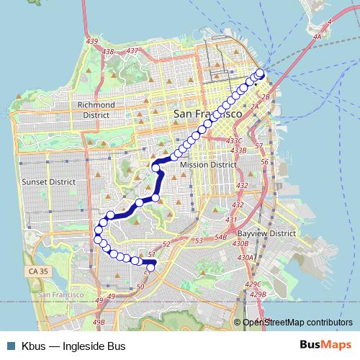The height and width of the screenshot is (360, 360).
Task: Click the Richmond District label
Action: [x=96, y=109]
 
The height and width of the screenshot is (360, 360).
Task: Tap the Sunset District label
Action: [x=48, y=182]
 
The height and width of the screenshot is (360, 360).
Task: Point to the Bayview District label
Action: [x=267, y=234]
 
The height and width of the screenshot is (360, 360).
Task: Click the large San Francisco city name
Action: [x=207, y=114]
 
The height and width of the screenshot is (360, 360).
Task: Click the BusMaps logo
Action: [x=326, y=346]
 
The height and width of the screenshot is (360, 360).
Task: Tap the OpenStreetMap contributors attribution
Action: [x=297, y=323]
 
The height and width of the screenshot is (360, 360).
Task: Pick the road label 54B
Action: [x=220, y=237]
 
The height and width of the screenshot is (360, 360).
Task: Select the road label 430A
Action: [x=246, y=257]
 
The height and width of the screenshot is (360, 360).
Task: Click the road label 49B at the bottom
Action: [x=99, y=322]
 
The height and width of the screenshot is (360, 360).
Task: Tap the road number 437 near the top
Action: [x=132, y=50]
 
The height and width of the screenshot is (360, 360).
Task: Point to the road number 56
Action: [x=264, y=162]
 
